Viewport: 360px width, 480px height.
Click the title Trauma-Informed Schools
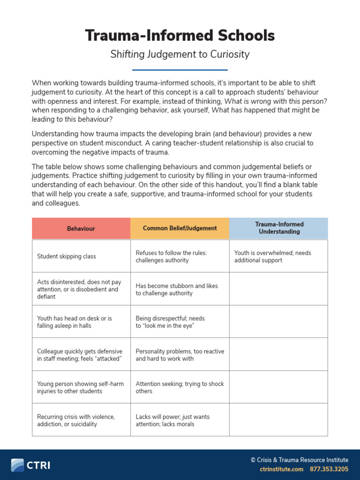pos(180,36)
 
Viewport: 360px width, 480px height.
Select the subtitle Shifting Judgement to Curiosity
pos(180,54)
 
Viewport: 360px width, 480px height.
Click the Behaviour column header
pos(81,229)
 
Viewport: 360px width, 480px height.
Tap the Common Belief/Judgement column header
pos(180,228)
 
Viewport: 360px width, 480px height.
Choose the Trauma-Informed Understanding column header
pos(279,228)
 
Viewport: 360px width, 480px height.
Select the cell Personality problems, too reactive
pos(180,355)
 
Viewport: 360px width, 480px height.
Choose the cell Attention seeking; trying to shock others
pos(180,387)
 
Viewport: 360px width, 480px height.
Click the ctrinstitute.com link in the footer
pos(281,469)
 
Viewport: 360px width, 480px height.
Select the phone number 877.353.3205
pos(329,469)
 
